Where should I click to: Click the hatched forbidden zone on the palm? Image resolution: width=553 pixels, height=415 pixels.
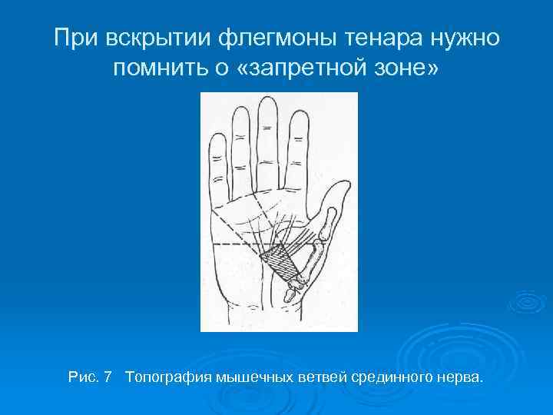pyautogui.click(x=281, y=262)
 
